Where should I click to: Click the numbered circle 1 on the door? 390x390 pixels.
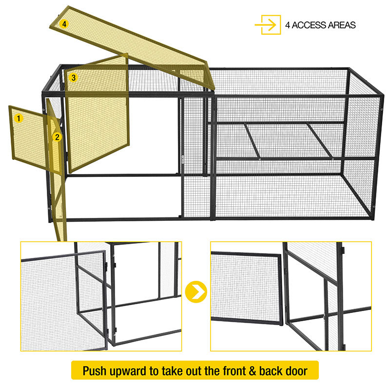(x=19, y=118)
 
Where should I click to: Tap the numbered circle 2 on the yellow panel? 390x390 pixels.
(x=57, y=137)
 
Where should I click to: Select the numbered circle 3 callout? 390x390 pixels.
(x=73, y=78)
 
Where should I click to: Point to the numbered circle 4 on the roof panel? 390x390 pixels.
(x=64, y=23)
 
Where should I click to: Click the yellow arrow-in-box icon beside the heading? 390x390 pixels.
(x=268, y=25)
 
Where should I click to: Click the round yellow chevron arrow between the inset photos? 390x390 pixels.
(x=196, y=292)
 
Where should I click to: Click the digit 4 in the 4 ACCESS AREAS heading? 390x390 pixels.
(x=288, y=25)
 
